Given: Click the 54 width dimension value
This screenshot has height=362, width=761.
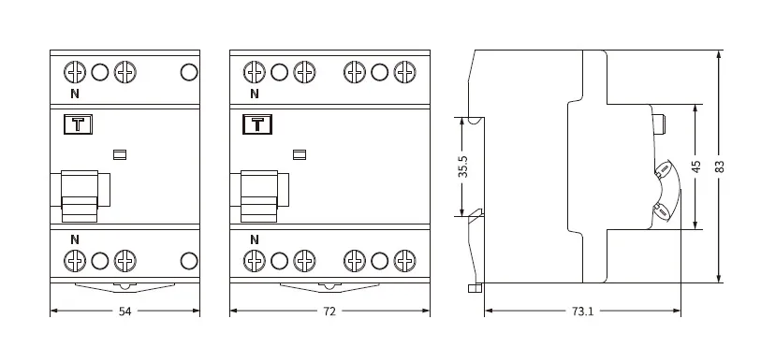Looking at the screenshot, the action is (x=125, y=311).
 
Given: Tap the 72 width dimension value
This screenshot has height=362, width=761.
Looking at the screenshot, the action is (x=329, y=311).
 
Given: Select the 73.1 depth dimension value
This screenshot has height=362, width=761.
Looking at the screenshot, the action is (x=582, y=311).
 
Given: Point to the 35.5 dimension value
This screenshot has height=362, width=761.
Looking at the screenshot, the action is (x=463, y=167).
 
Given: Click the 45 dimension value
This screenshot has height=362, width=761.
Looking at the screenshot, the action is (x=696, y=167).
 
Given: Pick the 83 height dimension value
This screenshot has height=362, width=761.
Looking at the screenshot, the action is (x=720, y=167).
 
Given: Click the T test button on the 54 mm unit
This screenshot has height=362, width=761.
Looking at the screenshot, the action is (x=78, y=124).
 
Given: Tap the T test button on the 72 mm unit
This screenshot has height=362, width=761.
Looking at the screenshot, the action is (x=257, y=124).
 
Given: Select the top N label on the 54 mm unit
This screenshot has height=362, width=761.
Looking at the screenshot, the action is (x=75, y=94).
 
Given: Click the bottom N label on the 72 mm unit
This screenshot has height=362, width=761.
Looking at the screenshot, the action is (x=255, y=239).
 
